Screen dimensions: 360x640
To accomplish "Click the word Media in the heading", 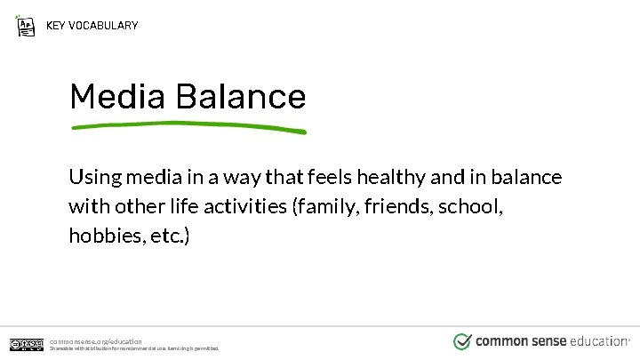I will point(118,96).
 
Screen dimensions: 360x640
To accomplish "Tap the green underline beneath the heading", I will point(188,126).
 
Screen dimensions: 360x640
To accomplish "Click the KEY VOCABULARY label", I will point(92,25).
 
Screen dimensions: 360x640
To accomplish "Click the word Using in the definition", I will point(93,178).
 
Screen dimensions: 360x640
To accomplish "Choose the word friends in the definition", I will point(394,208).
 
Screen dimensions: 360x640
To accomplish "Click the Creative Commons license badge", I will point(27,344).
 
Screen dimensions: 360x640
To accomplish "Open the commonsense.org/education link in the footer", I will point(95,340).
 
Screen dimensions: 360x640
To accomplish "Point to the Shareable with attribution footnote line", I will point(133,348).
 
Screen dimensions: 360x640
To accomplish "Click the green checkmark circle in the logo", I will point(462,341).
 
